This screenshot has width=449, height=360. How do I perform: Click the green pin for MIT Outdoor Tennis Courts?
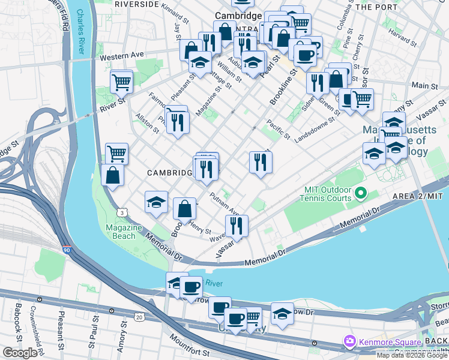[x=360, y=193]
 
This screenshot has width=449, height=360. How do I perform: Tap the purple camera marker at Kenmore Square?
[x=349, y=341]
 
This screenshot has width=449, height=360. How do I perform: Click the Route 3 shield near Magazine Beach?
[x=122, y=212]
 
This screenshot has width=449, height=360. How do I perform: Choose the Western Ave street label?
[x=122, y=55]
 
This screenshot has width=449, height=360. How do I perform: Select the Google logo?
[x=20, y=353]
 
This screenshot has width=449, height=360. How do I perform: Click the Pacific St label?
[x=279, y=128]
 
